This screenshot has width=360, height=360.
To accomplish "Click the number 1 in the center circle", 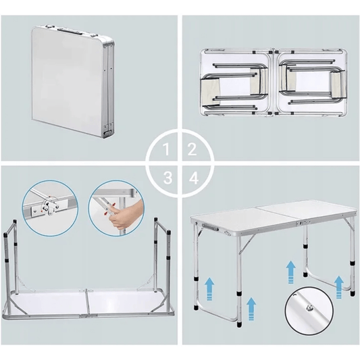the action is click(x=167, y=149).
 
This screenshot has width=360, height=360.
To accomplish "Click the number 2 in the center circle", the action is click(x=192, y=149).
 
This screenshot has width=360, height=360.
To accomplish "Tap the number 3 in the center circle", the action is click(x=168, y=178).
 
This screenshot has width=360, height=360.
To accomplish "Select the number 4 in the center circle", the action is click(x=194, y=178).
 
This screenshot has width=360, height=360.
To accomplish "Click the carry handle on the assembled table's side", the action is click(x=210, y=227).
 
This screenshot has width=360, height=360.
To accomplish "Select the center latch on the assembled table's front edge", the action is click(x=303, y=222).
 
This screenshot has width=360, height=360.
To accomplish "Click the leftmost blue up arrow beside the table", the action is click(x=209, y=289).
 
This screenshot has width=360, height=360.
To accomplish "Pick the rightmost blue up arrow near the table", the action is click(x=338, y=287).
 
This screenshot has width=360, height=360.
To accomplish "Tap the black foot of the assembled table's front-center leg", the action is click(x=239, y=324).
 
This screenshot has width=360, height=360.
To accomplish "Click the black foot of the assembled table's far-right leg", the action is click(x=353, y=293).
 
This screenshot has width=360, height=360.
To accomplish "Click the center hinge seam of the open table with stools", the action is click(x=275, y=82).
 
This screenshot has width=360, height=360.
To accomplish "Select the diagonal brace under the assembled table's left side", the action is click(x=247, y=244).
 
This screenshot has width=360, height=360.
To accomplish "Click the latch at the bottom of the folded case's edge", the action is click(x=107, y=133).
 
